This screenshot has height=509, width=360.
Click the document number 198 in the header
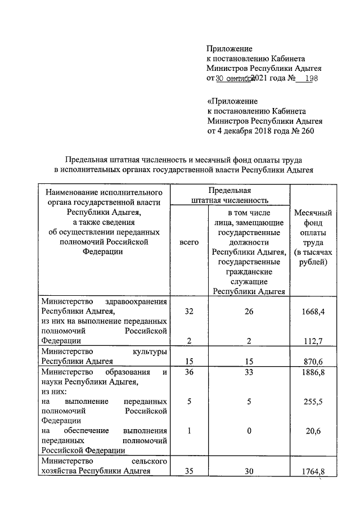(x=310, y=78)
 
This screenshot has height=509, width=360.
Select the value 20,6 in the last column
(x=313, y=431)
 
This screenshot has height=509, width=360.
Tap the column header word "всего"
(x=189, y=242)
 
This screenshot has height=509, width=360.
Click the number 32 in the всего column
(x=189, y=311)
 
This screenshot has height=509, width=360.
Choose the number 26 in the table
(x=249, y=311)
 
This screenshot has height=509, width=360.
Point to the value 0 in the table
(x=249, y=431)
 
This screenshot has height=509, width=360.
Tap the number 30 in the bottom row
(x=249, y=471)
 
